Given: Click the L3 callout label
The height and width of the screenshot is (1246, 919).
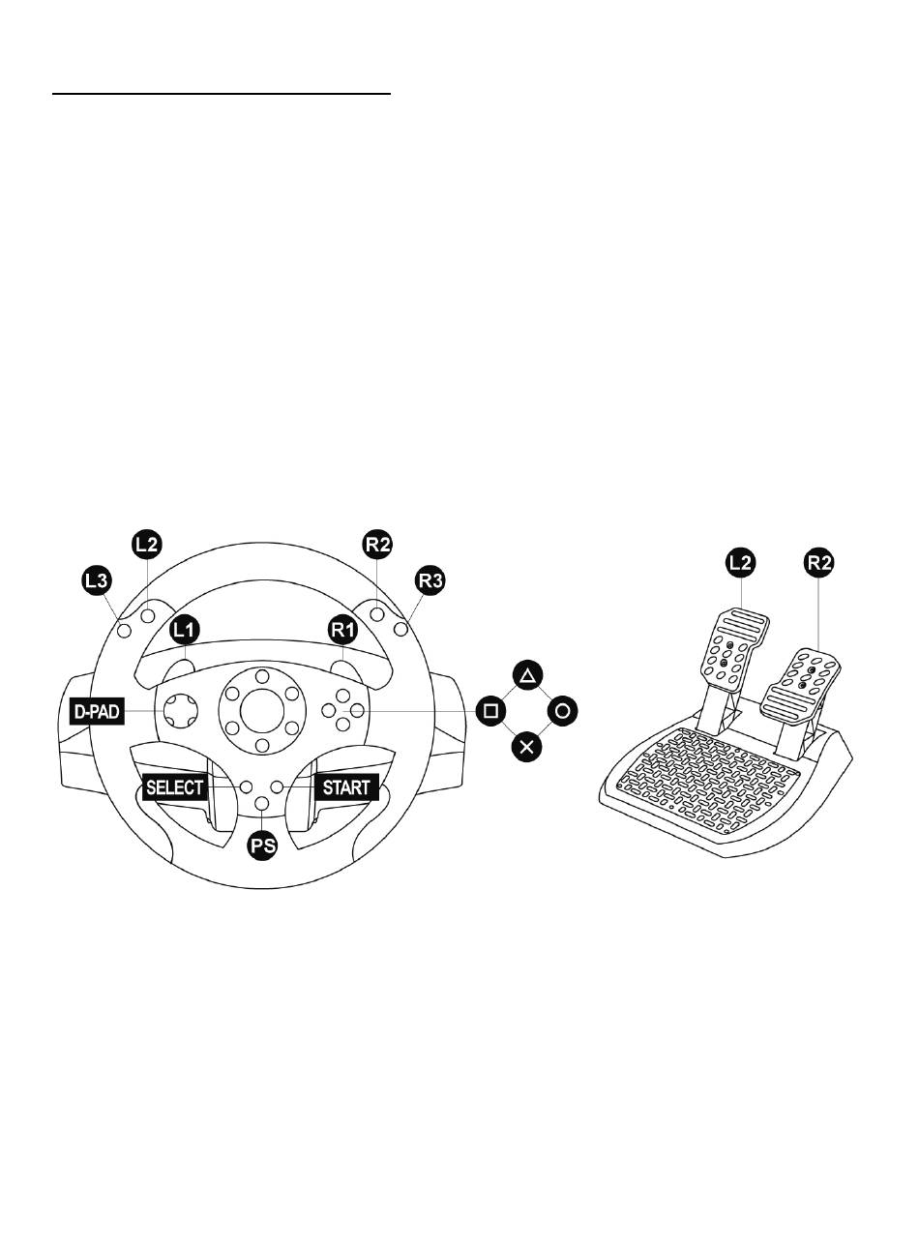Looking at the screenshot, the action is [x=97, y=581].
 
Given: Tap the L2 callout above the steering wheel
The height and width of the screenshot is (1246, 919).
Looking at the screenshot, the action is [x=147, y=546].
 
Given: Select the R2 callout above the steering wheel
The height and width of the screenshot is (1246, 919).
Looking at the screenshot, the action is [x=377, y=546].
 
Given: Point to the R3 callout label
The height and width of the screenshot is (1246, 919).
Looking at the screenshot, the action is [x=430, y=581].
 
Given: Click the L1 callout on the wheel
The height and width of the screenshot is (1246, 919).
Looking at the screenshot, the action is [x=184, y=630].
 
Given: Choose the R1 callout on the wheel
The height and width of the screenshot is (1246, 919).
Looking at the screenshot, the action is [x=342, y=630].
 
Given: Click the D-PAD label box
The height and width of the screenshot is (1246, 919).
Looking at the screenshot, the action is [x=98, y=712].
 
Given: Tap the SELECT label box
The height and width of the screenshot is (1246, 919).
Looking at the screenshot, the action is [x=174, y=787].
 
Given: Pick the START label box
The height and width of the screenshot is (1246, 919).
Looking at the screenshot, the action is [x=346, y=787].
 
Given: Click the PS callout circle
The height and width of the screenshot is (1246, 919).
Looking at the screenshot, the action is [x=262, y=846].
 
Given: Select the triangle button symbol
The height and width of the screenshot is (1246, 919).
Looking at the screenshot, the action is [x=527, y=676].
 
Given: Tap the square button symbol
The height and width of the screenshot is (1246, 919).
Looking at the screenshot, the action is [x=491, y=711].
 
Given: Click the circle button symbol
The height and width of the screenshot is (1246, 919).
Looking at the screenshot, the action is [x=563, y=711].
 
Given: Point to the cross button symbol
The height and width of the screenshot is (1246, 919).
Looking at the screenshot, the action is [x=527, y=747].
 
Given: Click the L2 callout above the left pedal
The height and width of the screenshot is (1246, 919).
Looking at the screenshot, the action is [x=740, y=563].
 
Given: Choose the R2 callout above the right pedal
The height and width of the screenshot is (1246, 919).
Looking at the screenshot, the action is [x=819, y=563].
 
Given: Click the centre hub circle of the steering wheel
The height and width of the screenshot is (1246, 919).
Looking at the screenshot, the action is [x=262, y=711].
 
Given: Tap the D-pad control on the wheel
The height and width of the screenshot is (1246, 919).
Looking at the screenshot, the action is [x=180, y=711].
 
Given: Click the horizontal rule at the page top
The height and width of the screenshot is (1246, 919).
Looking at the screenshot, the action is [x=222, y=94].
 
